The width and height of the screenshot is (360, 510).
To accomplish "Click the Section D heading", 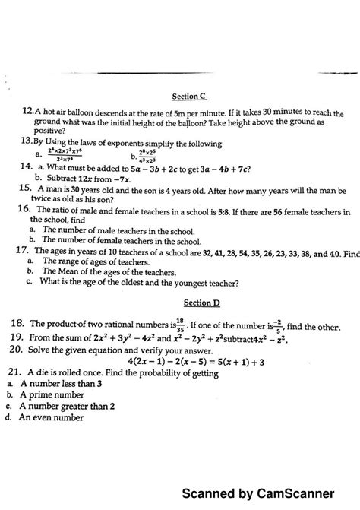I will [x=185, y=303].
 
